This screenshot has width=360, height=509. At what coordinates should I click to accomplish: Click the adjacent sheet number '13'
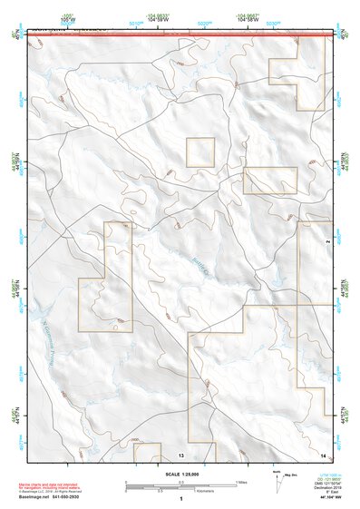(181, 454)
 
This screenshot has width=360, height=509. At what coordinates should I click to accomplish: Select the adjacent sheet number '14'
(323, 454)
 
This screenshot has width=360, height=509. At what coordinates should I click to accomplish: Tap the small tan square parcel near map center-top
(199, 152)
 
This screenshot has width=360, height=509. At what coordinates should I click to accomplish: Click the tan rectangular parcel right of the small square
(269, 181)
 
